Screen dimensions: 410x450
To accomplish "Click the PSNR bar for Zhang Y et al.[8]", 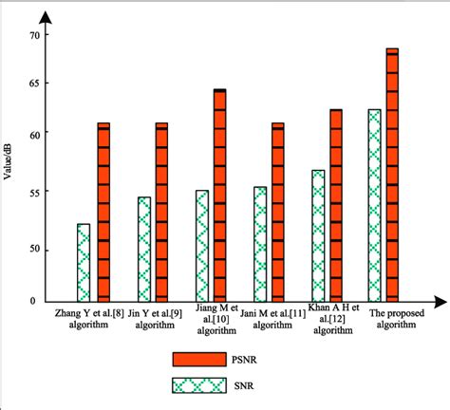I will [x=103, y=213].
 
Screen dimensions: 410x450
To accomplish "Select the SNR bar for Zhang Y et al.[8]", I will [x=84, y=263].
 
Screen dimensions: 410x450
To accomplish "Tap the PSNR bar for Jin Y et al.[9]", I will [x=161, y=213].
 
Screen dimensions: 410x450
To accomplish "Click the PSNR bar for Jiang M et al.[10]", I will [x=219, y=196].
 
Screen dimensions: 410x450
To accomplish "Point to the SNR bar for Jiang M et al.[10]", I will [x=201, y=246].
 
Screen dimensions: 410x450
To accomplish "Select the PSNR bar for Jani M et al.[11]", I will [x=277, y=213].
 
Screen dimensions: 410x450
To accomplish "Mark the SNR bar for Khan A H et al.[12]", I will [x=317, y=236].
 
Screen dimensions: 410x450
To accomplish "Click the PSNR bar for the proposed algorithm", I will [x=392, y=176].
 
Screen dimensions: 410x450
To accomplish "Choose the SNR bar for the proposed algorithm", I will [x=374, y=206].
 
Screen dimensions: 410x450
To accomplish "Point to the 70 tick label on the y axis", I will [x=36, y=35].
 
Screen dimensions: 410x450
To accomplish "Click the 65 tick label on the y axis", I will [x=36, y=84].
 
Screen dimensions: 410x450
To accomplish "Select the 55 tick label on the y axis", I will [x=36, y=192].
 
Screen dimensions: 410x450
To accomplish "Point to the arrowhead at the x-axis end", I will [x=441, y=303].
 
